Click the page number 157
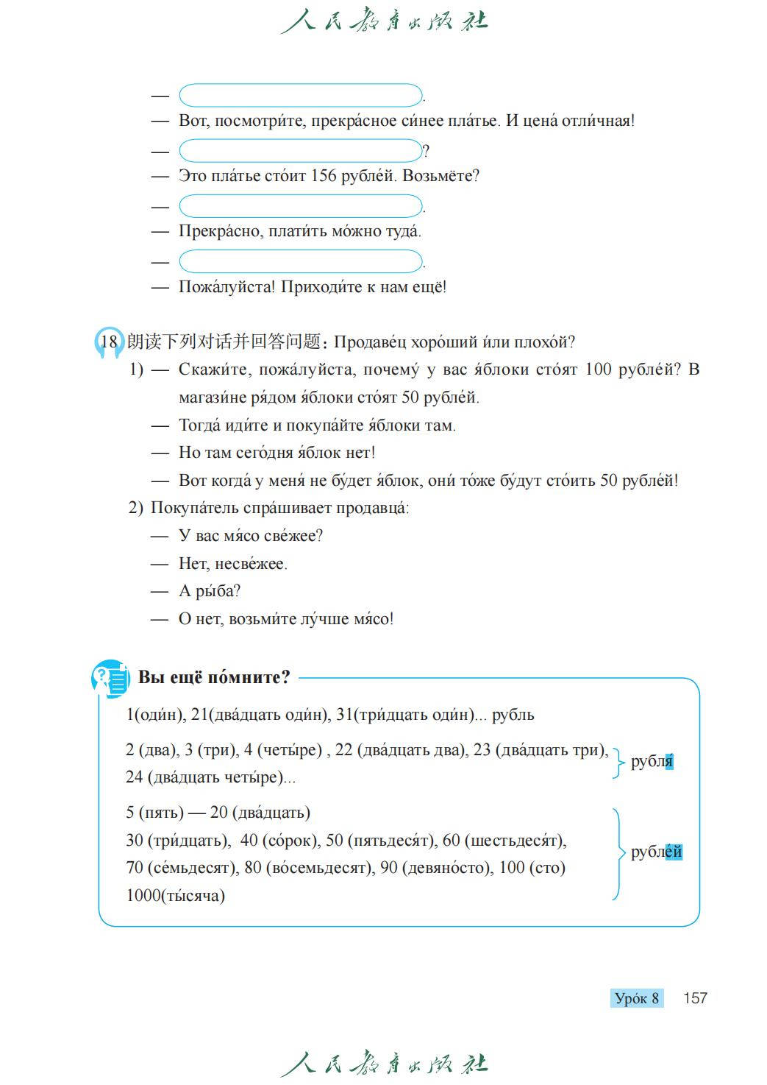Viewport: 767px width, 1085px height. click(694, 998)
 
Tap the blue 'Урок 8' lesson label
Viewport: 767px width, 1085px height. click(636, 998)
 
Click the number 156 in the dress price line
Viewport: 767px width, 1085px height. click(324, 176)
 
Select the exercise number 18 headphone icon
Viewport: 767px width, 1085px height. click(108, 342)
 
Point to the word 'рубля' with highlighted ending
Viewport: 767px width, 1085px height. click(652, 761)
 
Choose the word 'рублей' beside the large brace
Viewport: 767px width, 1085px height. click(656, 852)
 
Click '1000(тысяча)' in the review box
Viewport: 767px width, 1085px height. click(176, 896)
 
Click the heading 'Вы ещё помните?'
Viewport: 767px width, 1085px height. click(214, 677)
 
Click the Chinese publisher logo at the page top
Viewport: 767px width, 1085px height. click(383, 21)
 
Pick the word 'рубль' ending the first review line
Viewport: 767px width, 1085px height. click(513, 715)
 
